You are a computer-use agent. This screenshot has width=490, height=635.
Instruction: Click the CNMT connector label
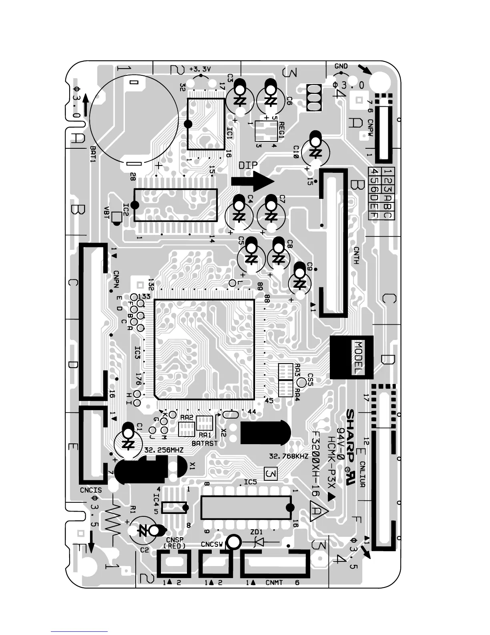click(x=274, y=582)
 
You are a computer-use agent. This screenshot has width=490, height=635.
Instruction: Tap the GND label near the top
click(x=341, y=67)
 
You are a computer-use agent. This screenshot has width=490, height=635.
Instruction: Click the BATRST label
click(x=205, y=443)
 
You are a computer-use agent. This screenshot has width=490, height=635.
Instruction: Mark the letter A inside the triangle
click(x=316, y=511)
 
